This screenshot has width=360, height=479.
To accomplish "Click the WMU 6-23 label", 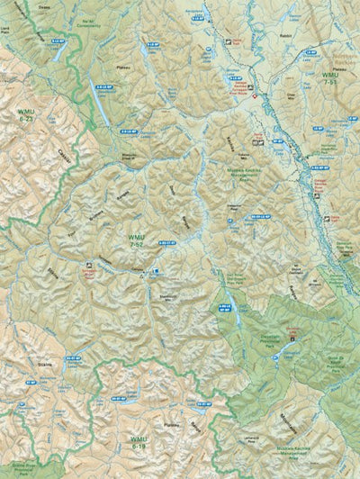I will point(26,114).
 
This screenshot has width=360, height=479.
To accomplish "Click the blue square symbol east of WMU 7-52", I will point(156,271).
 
